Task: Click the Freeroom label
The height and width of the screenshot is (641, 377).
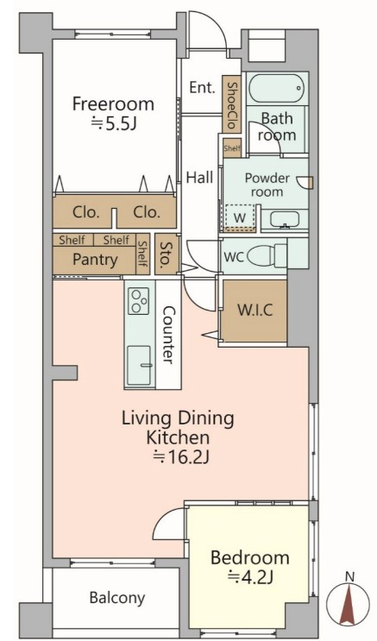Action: (x=113, y=104)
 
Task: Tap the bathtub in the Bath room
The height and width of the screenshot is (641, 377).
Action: (x=277, y=88)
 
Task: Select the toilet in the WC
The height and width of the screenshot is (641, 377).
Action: (x=267, y=256)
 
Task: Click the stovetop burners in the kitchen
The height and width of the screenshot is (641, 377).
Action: (x=139, y=301)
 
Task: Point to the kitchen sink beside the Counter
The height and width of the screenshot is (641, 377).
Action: (x=139, y=365)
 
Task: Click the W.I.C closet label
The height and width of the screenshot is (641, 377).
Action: (x=255, y=311)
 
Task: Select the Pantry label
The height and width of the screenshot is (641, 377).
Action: (x=95, y=260)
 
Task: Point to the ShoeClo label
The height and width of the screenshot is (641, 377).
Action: (x=232, y=105)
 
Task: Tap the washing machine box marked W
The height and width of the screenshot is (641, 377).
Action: (x=240, y=217)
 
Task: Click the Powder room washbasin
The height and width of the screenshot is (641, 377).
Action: (x=284, y=219)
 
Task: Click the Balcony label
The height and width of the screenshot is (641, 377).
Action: (x=117, y=598)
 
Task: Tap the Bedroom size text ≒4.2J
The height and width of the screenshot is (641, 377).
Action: (x=250, y=578)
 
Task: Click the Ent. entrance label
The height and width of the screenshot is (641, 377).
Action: (x=202, y=87)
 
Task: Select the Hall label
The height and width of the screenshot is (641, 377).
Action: (x=199, y=178)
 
